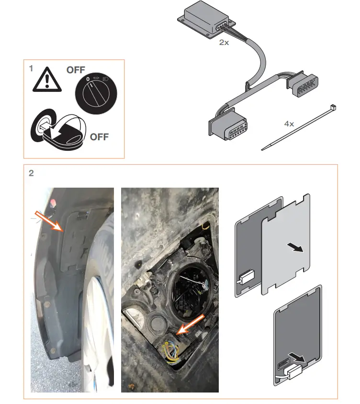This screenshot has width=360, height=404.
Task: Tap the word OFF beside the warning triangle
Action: point(76,70)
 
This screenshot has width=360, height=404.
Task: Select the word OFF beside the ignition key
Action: point(99,137)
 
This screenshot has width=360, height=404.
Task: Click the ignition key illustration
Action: point(59,129)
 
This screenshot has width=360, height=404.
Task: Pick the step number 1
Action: point(31,68)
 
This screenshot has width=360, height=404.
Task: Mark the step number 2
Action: point(31,173)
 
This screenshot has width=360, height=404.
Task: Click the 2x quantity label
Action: point(224,42)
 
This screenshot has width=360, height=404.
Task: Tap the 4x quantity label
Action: point(289,123)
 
